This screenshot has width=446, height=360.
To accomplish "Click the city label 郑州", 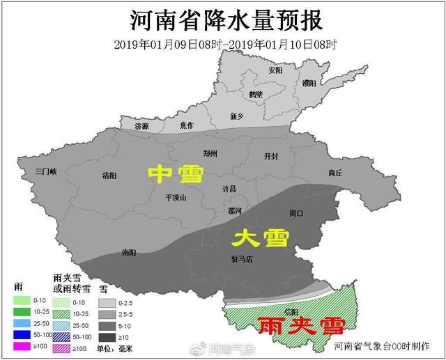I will (210, 153).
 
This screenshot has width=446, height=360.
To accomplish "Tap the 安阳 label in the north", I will (275, 71).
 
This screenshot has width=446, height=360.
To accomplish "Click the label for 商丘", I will (335, 173).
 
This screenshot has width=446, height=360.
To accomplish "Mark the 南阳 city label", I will (128, 252).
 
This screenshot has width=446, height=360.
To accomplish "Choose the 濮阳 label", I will (309, 83).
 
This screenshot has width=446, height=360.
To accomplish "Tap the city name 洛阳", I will (110, 175).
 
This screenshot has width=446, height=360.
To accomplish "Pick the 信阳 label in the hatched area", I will (292, 313).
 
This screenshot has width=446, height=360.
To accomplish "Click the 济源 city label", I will (141, 126).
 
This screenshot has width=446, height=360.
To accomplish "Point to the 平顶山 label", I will (176, 197).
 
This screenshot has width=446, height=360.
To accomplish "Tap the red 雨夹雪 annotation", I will (291, 327).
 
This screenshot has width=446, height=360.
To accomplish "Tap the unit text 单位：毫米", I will (115, 347).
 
